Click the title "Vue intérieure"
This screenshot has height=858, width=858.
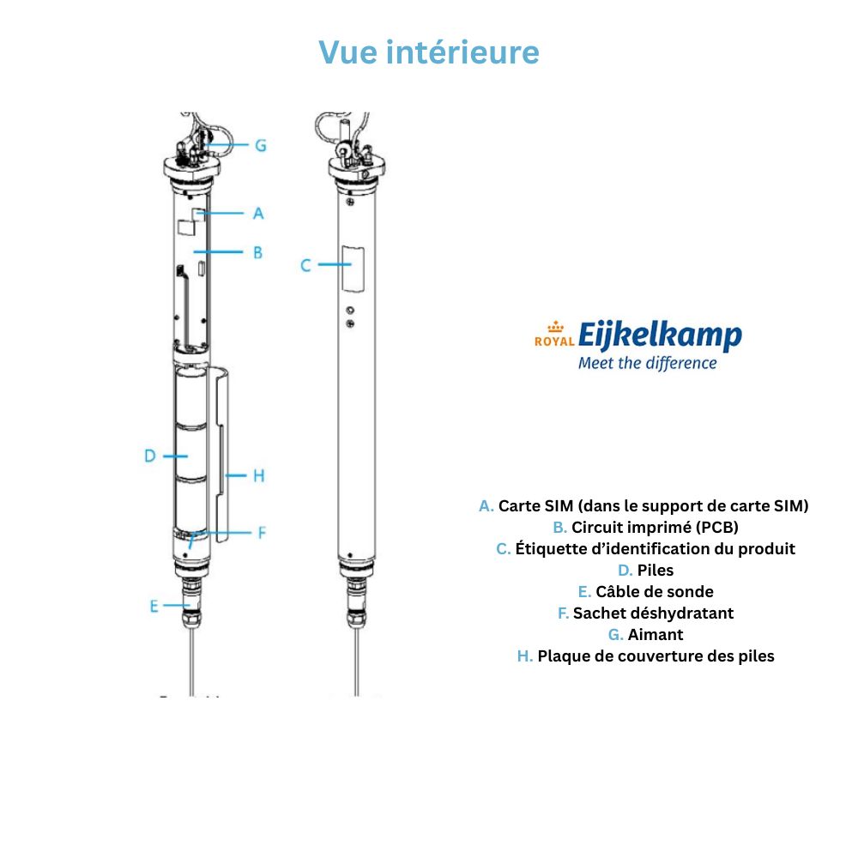pos(429,52)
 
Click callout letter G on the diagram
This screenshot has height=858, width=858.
pos(259,145)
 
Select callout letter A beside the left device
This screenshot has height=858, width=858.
pos(258,213)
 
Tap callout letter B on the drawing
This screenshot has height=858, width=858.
pos(257,253)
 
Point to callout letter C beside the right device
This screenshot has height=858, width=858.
pos(305,265)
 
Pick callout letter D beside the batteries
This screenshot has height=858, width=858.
pos(149,456)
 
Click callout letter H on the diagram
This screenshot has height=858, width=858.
pos(258,475)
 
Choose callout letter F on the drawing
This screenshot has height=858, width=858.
pos(262,533)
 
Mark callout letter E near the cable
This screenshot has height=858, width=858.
pos(154,606)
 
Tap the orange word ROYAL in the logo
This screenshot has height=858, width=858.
pos(554,341)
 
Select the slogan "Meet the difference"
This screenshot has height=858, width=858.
pos(647,363)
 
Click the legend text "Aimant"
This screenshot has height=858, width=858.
pos(656,635)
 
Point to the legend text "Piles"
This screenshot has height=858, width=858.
pos(656,571)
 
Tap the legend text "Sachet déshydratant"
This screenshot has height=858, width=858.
pos(654,613)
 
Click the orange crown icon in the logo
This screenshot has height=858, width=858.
pos(555,326)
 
